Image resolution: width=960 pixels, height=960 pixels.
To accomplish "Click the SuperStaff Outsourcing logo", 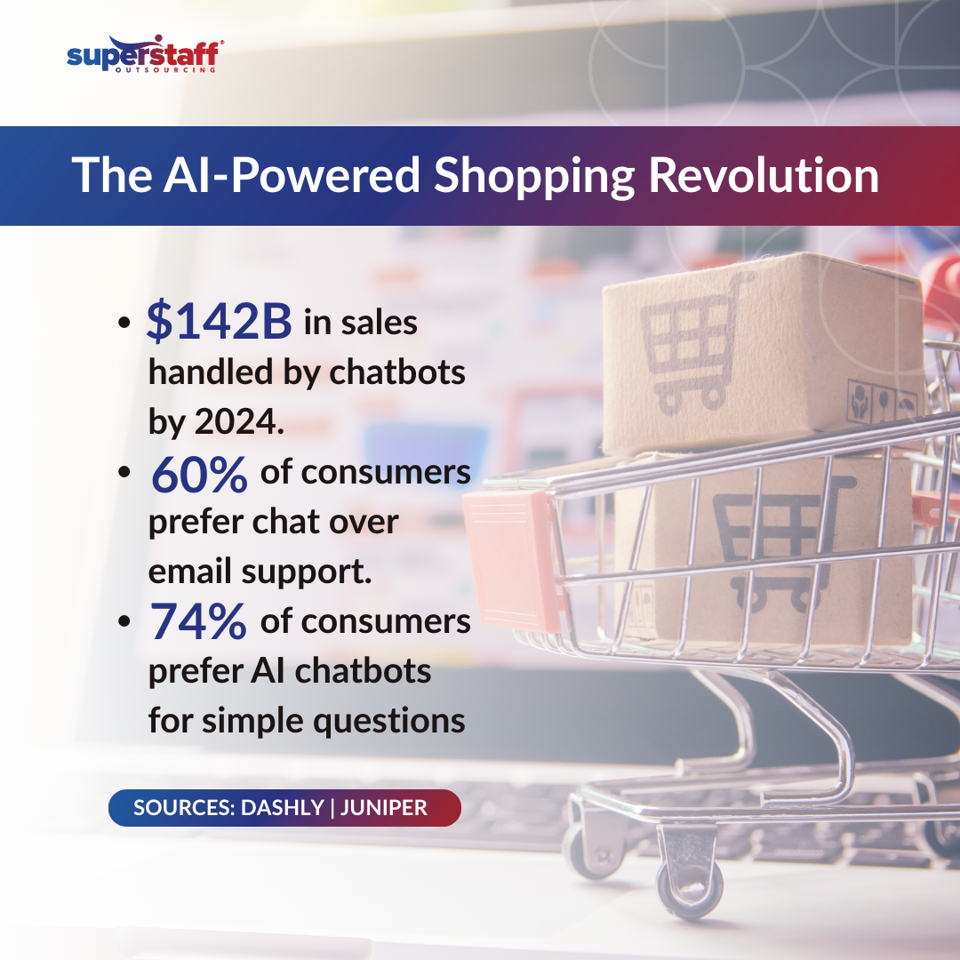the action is tap(145, 54).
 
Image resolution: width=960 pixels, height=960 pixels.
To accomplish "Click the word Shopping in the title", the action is tap(534, 176).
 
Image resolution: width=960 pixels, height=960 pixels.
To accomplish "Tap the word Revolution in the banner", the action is tap(764, 175).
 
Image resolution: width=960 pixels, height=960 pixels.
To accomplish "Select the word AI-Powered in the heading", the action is tap(292, 175).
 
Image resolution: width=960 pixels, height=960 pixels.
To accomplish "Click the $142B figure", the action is tap(219, 320).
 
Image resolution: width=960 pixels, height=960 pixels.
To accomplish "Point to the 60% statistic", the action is tap(199, 475).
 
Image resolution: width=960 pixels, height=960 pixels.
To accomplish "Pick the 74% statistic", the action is tap(198, 621).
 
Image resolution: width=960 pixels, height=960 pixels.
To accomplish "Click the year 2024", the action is tap(239, 422).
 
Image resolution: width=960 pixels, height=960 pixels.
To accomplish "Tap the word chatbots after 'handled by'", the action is tap(397, 372).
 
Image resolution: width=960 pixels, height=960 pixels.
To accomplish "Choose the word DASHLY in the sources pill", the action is tap(283, 807).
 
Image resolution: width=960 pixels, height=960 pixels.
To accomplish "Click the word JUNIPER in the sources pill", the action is tap(383, 807).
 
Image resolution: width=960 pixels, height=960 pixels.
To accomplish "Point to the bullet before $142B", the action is tap(124, 322).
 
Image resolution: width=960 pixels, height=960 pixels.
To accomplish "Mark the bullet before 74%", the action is tap(124, 621).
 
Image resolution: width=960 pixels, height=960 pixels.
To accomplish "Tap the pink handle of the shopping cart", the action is tap(513, 560).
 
